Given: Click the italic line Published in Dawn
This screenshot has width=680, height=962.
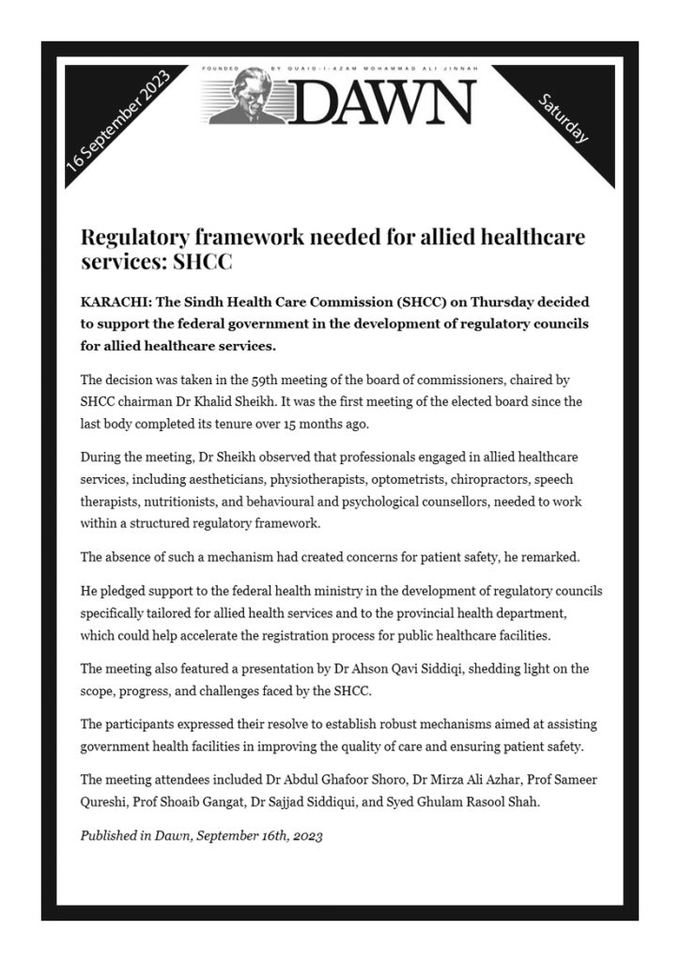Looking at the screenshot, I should (x=201, y=835).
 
